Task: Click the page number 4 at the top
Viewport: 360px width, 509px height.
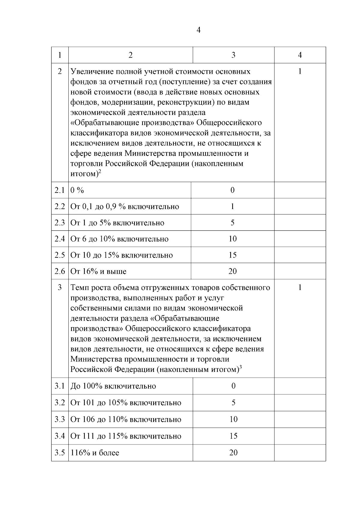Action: click(x=198, y=30)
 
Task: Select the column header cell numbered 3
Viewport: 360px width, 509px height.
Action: click(x=233, y=55)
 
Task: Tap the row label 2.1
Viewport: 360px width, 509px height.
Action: click(x=60, y=190)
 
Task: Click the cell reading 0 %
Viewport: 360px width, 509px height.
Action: click(x=77, y=190)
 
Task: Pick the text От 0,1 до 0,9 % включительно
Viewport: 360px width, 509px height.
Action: click(x=124, y=207)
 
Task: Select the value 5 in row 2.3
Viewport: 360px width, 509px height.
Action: click(x=232, y=223)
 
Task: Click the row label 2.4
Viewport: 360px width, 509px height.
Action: click(x=60, y=239)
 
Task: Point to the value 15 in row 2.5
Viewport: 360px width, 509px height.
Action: click(x=232, y=255)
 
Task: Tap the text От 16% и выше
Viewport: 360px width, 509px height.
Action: click(x=98, y=271)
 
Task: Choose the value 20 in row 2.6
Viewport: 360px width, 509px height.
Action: click(x=232, y=271)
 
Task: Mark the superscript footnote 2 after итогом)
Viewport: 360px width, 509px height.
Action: click(x=100, y=172)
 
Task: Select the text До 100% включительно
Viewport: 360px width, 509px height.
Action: click(x=113, y=386)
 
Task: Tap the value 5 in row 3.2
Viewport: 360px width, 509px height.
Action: click(x=233, y=403)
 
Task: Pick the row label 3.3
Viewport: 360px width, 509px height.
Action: click(x=60, y=419)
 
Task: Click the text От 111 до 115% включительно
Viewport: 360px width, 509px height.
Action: click(x=126, y=436)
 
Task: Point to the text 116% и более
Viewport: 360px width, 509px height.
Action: click(x=95, y=453)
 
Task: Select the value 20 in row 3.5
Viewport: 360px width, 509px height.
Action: click(x=233, y=452)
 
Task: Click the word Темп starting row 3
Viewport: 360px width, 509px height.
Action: click(x=80, y=288)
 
